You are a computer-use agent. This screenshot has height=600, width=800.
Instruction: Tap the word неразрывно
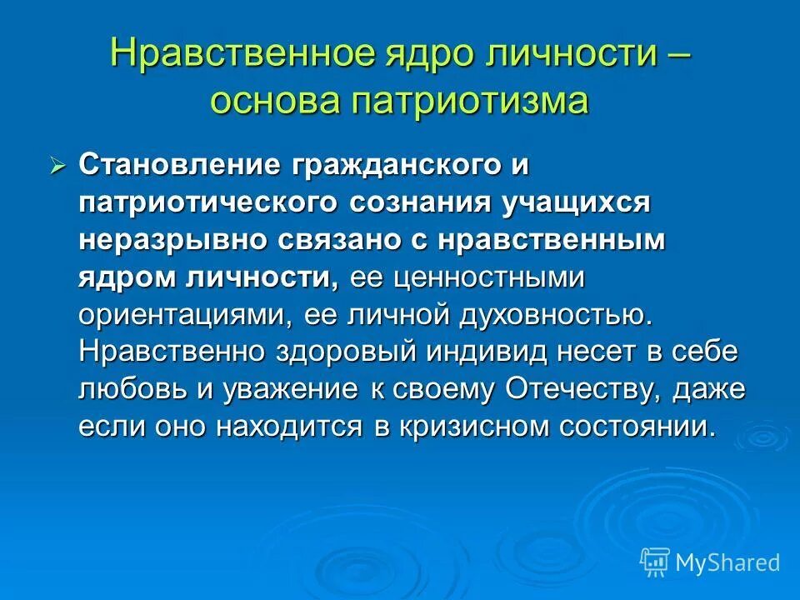tap(172, 240)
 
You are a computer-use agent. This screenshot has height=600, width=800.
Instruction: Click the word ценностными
tap(496, 277)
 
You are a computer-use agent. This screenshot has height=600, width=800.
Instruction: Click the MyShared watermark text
tap(727, 562)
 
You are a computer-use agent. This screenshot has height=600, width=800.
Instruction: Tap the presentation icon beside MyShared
tap(654, 562)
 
